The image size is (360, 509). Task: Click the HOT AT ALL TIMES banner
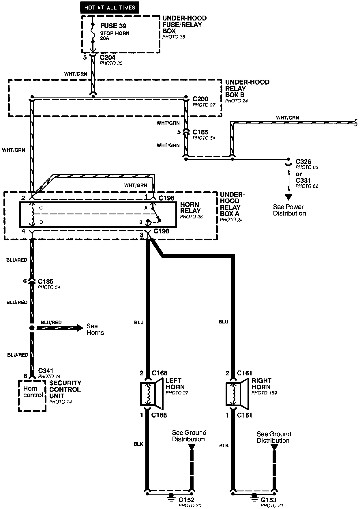110,7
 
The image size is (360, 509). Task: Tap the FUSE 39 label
113,26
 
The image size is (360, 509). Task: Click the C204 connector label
108,57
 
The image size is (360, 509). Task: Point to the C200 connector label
200,99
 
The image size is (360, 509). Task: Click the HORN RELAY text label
190,208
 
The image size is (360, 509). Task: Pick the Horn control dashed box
32,396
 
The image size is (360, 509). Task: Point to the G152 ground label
186,500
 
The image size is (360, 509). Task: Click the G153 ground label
269,500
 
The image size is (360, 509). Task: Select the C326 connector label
303,162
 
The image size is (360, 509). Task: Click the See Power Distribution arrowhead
288,197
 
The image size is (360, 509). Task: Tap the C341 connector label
46,371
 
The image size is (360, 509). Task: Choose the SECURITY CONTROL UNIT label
65,389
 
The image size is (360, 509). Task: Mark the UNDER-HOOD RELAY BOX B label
247,88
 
